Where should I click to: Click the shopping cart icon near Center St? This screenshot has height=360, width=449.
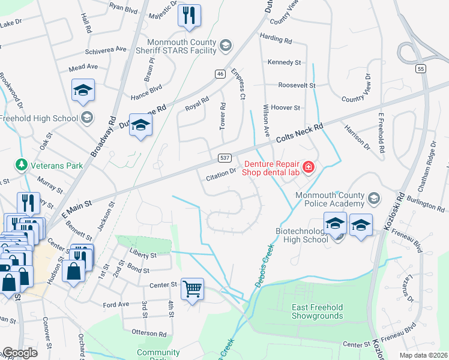pos(192,289)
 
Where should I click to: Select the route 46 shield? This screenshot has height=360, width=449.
pos(220,73)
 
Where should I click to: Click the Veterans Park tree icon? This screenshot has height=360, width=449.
pos(21,164)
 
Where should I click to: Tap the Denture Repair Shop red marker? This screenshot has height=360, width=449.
pos(309,167)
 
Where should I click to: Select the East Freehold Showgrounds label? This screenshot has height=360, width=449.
pos(317,311)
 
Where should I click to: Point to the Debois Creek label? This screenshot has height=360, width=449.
pos(265,265)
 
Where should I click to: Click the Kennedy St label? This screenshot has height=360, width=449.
pos(285,62)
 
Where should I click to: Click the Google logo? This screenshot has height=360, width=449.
pos(20,353)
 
